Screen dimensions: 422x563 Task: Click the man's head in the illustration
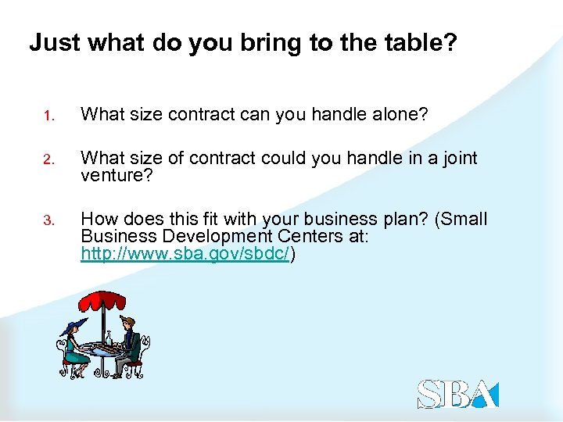[128, 324]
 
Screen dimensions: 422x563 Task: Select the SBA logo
[457, 393]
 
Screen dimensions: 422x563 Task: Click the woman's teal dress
[75, 356]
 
